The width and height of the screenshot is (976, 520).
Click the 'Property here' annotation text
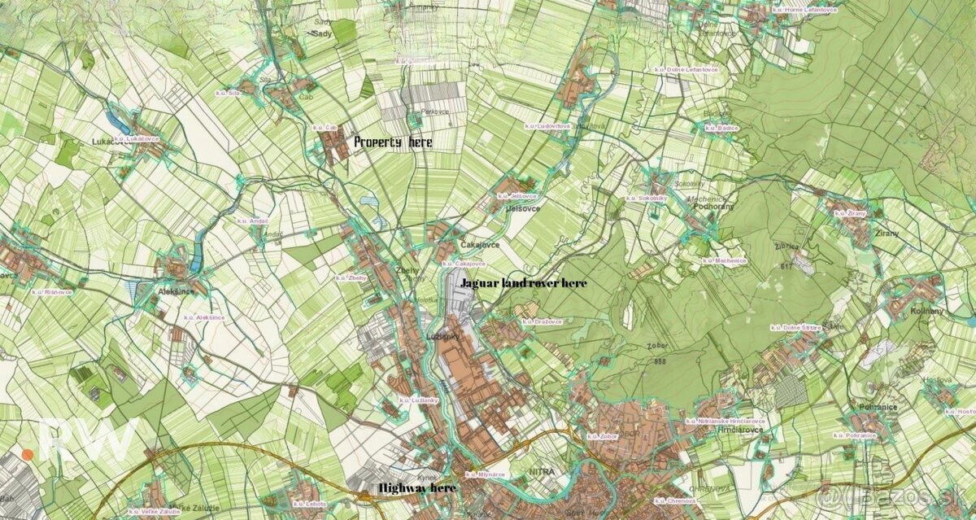tap(393, 142)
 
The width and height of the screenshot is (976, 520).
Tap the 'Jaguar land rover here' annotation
tap(522, 283)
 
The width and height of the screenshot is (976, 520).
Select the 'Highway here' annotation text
tap(417, 487)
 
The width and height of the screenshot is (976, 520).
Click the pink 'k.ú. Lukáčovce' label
tap(137, 139)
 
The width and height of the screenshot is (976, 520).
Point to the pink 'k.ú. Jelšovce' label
tap(515, 196)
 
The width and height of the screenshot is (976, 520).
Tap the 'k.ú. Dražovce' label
tap(542, 321)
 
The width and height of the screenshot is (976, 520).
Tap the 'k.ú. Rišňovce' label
tap(53, 291)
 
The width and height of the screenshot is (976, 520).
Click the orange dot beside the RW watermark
tap(28, 454)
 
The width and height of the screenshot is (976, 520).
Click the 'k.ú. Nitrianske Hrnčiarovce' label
tap(725, 421)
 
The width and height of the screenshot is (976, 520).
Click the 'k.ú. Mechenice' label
tap(725, 260)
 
